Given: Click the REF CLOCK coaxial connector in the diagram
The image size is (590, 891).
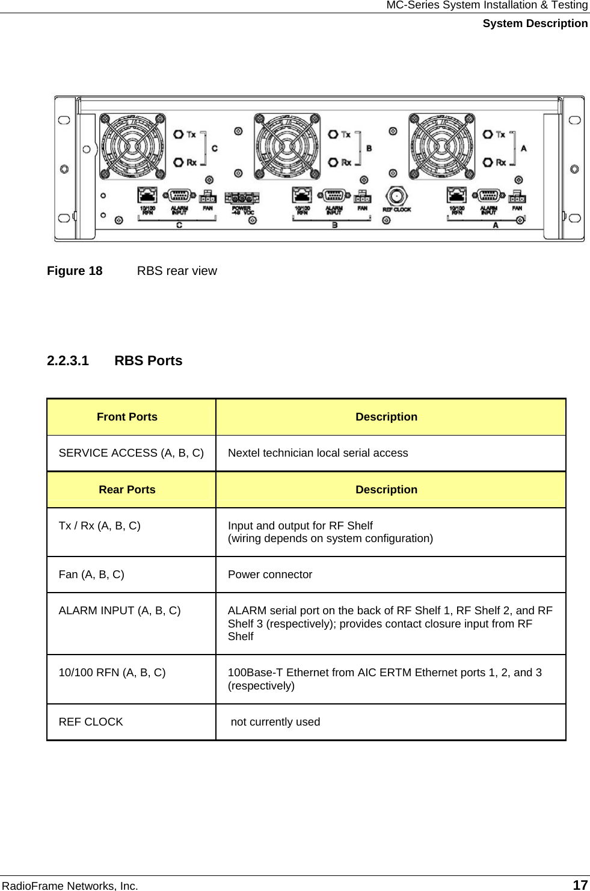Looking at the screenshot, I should [x=396, y=196].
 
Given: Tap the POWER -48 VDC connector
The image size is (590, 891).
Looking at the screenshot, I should [x=242, y=198].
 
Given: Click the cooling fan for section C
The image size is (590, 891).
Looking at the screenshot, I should [x=132, y=146].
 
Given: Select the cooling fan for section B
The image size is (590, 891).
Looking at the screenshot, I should [x=287, y=146].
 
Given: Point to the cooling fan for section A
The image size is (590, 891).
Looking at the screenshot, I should [x=442, y=146].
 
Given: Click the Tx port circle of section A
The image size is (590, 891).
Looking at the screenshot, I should [x=488, y=134].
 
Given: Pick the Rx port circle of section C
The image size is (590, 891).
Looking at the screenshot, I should [x=179, y=162].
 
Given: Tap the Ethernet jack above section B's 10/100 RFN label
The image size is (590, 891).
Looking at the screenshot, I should [x=302, y=195].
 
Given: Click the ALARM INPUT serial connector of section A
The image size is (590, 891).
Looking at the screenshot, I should [x=488, y=196].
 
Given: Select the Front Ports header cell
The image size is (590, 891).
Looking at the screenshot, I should [x=127, y=417].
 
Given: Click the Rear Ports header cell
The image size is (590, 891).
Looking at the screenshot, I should [x=127, y=490].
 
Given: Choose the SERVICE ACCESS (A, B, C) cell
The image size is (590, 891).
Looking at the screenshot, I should [x=131, y=453].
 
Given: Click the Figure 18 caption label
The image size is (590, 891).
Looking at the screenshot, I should [x=75, y=271].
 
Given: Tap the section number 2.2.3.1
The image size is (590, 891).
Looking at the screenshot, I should [x=68, y=360].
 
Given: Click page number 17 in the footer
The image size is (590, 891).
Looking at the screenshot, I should [x=580, y=885].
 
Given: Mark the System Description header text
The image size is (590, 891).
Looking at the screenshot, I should [x=535, y=23].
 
